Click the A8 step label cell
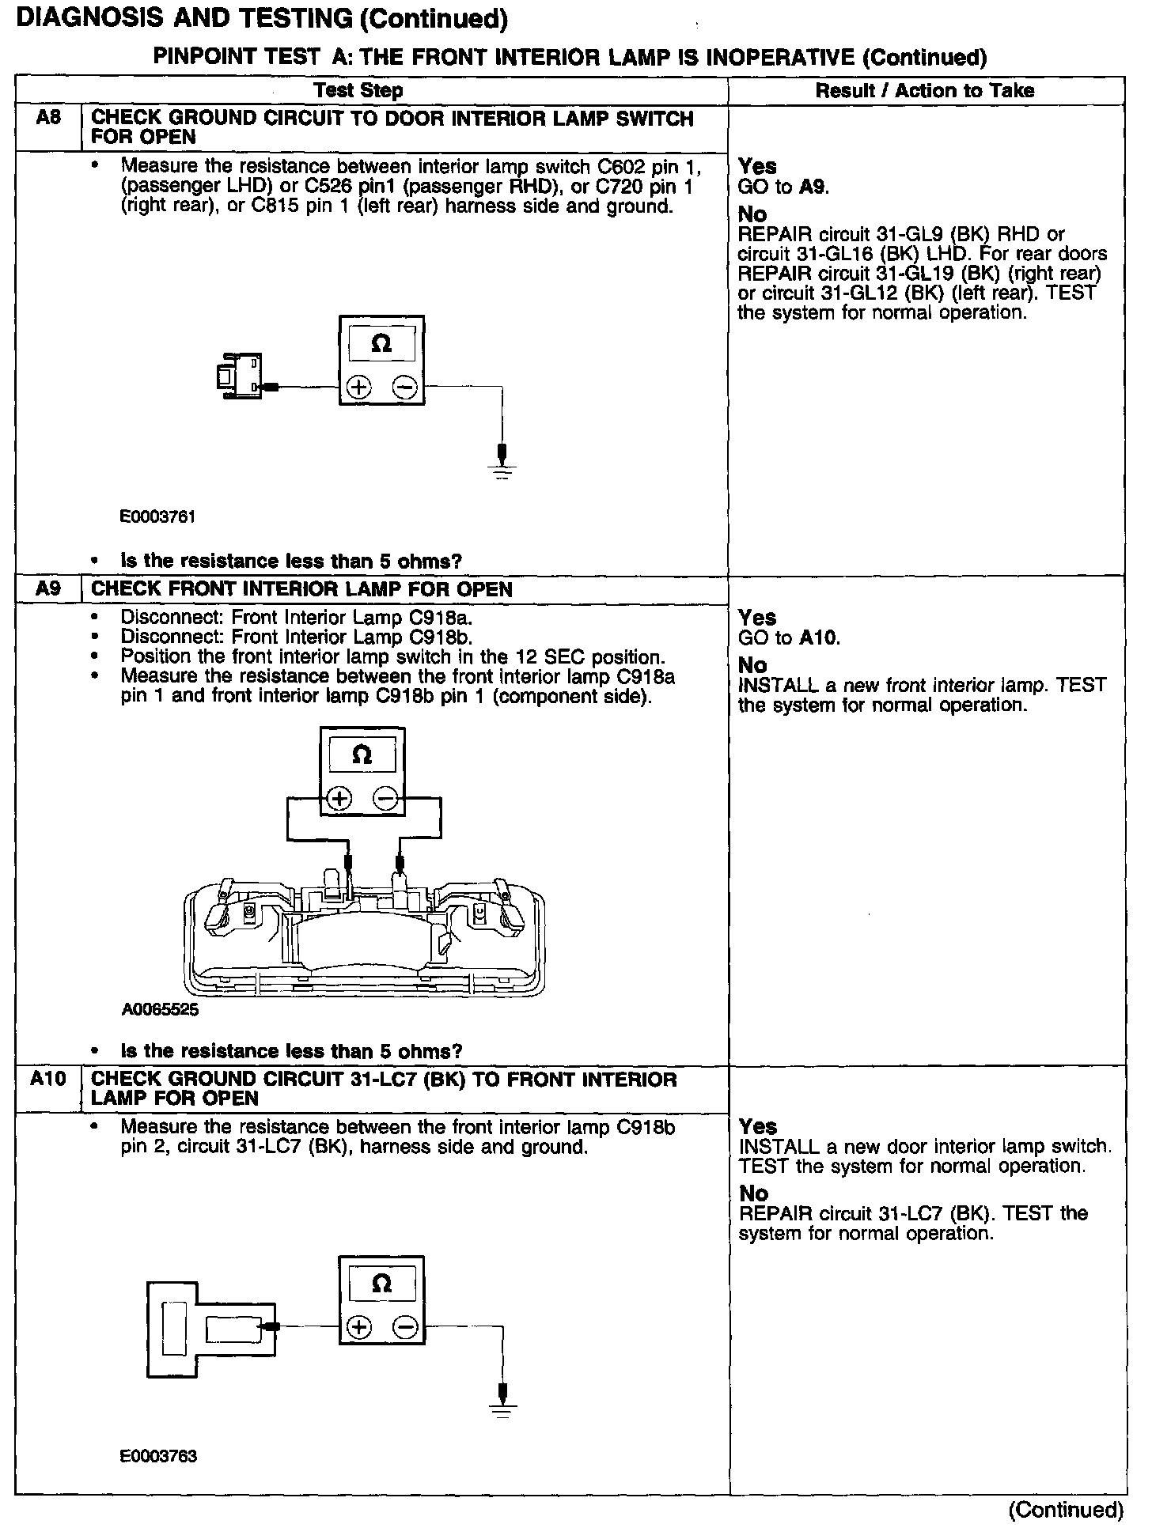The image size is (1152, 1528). [x=48, y=119]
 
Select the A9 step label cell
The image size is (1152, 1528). [x=48, y=589]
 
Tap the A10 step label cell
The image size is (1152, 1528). [x=48, y=1079]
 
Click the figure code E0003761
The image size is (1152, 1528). [x=157, y=516]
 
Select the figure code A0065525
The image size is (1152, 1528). [x=161, y=1010]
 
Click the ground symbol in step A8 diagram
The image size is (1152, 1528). [x=502, y=467]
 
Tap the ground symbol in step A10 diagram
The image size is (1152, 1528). [x=502, y=1409]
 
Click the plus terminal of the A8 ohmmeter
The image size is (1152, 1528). [x=359, y=388]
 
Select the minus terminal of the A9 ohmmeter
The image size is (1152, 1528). [x=386, y=799]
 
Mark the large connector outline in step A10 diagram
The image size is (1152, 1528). [x=209, y=1329]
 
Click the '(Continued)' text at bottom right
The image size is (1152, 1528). [x=1066, y=1510]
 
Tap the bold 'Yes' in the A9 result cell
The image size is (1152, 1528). [x=757, y=618]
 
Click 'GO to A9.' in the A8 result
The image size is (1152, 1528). [x=783, y=187]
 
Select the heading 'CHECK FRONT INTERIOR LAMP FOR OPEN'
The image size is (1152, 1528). [x=301, y=589]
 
